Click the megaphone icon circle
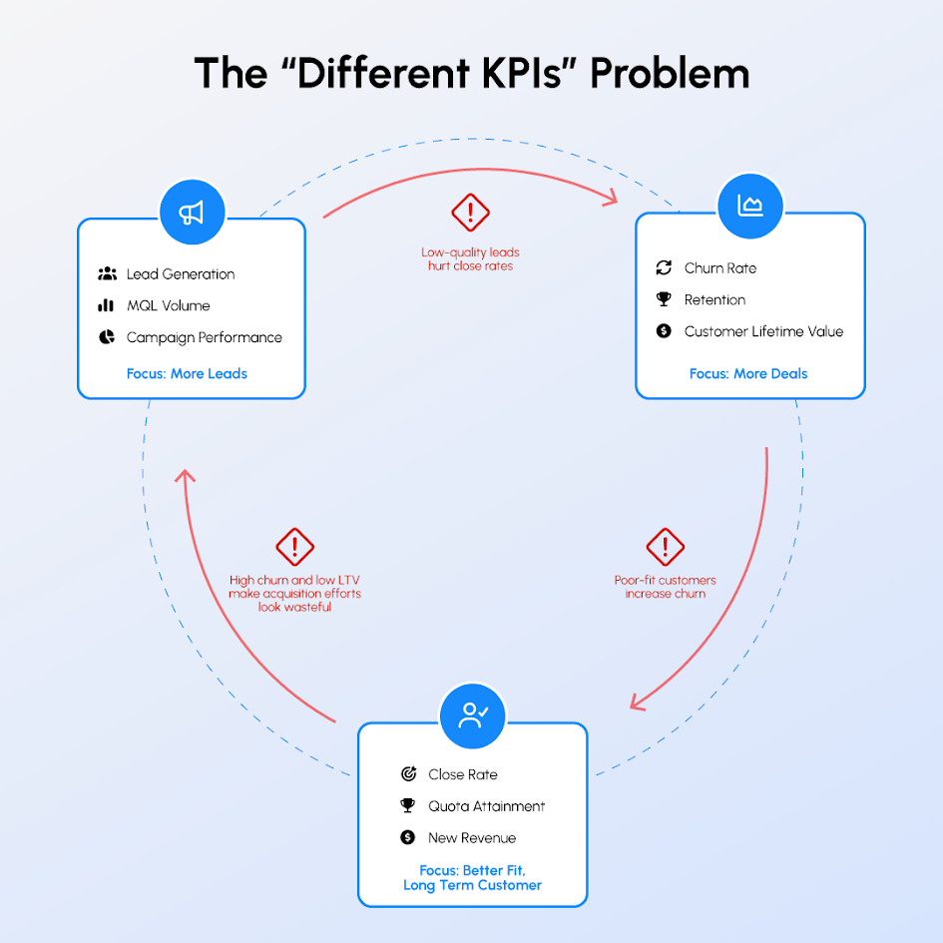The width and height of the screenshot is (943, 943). coord(193,213)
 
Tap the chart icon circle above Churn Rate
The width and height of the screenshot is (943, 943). coord(750,207)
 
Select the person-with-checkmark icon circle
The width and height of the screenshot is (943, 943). coord(473,715)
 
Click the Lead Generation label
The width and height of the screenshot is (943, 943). coord(181,274)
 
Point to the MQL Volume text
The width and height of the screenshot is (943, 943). coord(169,305)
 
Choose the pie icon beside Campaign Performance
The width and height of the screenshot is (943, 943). coord(107,337)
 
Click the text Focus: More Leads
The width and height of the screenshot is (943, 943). coord(187,373)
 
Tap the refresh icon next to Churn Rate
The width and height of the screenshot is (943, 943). coord(664,267)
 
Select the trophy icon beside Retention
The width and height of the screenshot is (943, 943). coord(664,299)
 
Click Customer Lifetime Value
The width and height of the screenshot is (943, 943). coord(763,331)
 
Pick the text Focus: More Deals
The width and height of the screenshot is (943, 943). coord(748,373)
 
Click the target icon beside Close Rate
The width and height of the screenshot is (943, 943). coord(408,774)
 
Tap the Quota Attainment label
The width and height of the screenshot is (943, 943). coord(487,806)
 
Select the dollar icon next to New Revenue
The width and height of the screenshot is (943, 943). coord(408,837)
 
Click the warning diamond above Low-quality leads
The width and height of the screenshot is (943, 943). coord(470,213)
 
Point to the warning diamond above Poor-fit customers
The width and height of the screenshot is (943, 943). coord(666,547)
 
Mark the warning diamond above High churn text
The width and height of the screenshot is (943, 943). coord(294,547)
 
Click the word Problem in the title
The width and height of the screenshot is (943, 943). coord(670,74)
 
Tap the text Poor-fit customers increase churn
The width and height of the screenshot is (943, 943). coord(666,587)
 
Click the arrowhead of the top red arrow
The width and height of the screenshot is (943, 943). coord(613,198)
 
